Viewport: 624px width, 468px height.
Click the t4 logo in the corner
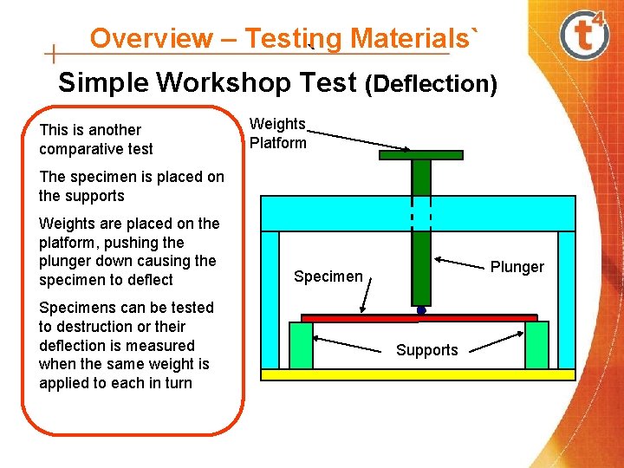point(584,35)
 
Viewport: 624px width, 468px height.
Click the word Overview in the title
point(151,38)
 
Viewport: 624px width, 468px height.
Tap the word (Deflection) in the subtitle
point(431,85)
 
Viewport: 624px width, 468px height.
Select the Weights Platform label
point(277,133)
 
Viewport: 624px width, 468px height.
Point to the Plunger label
point(517,266)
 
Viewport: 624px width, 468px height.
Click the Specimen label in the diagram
point(328,276)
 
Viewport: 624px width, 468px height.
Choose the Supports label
point(427,350)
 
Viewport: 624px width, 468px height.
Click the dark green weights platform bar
point(421,156)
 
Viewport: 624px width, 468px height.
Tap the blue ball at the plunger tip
point(421,309)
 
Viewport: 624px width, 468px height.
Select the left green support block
point(301,345)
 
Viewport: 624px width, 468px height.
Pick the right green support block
point(537,345)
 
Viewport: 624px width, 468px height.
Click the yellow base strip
point(419,375)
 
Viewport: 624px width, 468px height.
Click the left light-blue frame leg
point(270,299)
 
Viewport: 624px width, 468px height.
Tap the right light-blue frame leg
point(567,299)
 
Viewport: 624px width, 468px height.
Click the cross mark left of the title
point(54,55)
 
